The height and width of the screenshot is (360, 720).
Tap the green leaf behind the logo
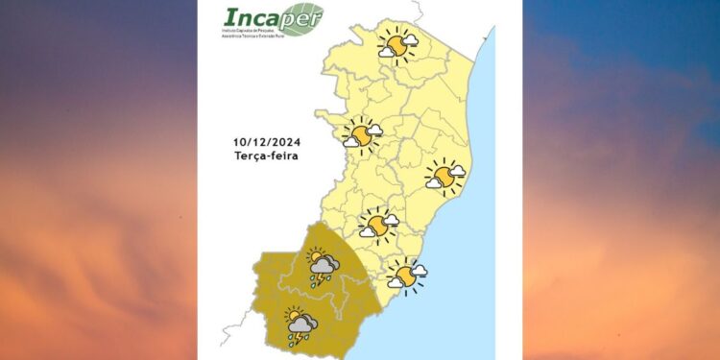tap(303, 18)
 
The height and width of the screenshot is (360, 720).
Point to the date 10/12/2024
tap(266, 142)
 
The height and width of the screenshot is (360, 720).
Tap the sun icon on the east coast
tap(445, 176)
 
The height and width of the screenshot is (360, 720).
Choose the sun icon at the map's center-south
tap(378, 225)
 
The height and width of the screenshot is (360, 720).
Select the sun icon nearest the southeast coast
tap(406, 276)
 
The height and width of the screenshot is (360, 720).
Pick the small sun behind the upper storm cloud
tap(313, 256)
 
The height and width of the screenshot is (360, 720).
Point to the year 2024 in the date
tap(285, 142)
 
